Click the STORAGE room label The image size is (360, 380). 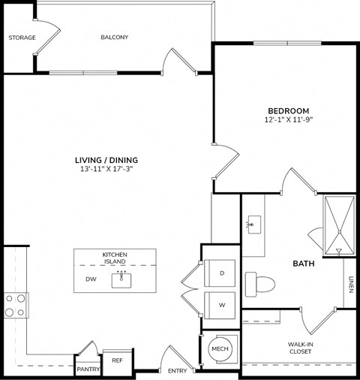(x=22, y=37)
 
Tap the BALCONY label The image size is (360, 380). (x=115, y=37)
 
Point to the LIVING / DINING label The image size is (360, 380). (x=106, y=160)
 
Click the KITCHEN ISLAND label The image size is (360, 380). (x=115, y=258)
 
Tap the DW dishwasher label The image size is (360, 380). (x=91, y=279)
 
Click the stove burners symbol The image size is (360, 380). (x=15, y=305)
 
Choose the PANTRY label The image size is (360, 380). (x=88, y=369)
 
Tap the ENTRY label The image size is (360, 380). (x=178, y=371)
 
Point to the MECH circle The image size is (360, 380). (x=219, y=349)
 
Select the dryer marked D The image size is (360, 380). (x=221, y=273)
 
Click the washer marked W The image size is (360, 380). (x=221, y=305)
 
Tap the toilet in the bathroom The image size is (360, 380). (x=262, y=283)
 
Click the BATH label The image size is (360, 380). (x=303, y=264)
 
